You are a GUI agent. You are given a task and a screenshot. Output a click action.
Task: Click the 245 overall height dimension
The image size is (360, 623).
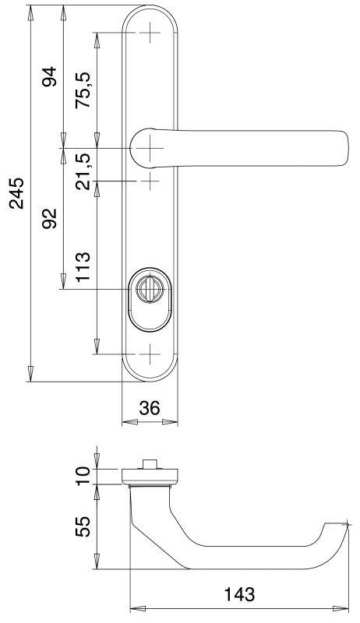[17, 193]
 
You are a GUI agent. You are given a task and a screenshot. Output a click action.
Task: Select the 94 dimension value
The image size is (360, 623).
[50, 76]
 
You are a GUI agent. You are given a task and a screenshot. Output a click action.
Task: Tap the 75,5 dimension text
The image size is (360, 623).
[83, 90]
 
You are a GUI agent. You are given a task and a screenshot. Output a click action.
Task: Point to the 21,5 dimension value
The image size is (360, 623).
[83, 171]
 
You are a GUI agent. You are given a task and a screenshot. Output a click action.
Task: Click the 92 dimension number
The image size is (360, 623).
[50, 218]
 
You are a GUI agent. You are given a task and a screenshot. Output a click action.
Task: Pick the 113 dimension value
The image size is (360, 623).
[83, 266]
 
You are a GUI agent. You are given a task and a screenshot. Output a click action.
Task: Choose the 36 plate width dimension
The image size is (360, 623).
[150, 407]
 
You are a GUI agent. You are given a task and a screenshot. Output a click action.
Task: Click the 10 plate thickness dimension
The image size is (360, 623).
[83, 476]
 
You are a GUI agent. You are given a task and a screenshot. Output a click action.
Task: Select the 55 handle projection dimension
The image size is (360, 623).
[83, 526]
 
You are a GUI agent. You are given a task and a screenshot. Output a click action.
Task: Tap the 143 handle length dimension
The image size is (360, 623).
[239, 594]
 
